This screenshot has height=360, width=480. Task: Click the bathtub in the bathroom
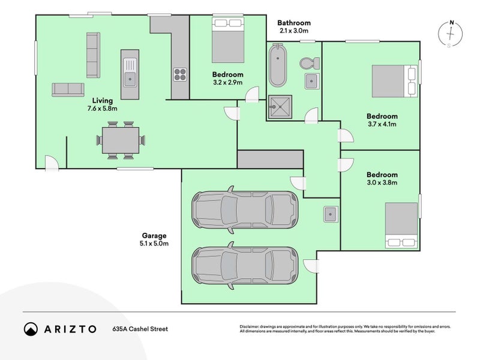coord(278,65)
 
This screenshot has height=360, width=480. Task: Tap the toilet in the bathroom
coord(310,64)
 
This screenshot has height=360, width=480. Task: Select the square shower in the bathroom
coord(280,107)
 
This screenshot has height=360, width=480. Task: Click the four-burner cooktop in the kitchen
coord(180,74)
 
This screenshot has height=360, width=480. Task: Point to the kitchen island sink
coord(130,73)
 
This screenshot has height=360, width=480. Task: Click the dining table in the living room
coord(121,140)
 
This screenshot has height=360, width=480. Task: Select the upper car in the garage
coord(245,210)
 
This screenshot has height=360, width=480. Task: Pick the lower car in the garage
coord(245,265)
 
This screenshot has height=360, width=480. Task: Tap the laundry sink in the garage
coord(331,214)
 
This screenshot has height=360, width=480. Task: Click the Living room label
coord(103,101)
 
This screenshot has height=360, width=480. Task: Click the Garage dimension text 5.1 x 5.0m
coord(154,244)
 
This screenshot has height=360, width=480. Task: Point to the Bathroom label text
coord(294,23)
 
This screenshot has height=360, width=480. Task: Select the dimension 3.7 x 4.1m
coord(382,124)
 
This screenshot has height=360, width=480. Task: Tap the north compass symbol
coord(451,34)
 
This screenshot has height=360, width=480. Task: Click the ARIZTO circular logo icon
coord(31,329)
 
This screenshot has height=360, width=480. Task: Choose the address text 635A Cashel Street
coord(140,329)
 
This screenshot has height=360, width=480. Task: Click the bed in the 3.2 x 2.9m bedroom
coord(228,40)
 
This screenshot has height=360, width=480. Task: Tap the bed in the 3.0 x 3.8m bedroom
coord(401,226)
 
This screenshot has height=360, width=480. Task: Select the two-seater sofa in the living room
coord(68,89)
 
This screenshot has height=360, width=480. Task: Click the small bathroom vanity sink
coord(312,81)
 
